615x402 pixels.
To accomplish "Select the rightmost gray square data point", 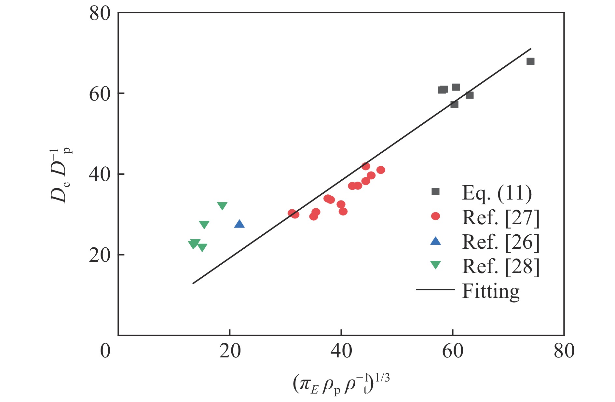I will [x=530, y=61].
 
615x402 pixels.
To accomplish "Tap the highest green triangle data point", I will [x=222, y=206].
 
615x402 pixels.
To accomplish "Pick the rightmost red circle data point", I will [x=381, y=170].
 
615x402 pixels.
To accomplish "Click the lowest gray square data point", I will [x=454, y=104].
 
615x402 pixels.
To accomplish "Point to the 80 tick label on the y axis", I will [x=100, y=14].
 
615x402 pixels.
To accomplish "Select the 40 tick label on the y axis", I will [x=100, y=174].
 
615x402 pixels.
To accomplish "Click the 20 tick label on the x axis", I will [x=230, y=351].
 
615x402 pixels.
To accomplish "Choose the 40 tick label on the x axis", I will [x=341, y=351].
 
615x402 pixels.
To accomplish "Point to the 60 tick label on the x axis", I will [x=452, y=351].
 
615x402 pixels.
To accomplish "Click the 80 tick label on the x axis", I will [x=564, y=351].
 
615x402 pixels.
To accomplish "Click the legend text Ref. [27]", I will [x=500, y=217].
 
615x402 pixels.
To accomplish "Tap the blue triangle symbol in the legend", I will [x=435, y=241].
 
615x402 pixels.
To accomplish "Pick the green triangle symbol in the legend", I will [x=435, y=265].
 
